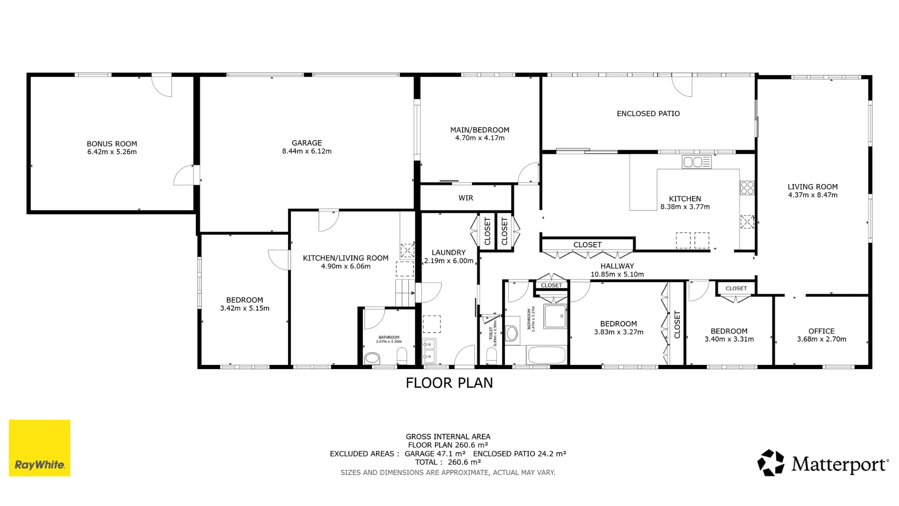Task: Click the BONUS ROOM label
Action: pyautogui.click(x=112, y=144)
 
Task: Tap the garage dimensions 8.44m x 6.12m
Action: pyautogui.click(x=307, y=151)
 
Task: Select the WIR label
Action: pyautogui.click(x=465, y=198)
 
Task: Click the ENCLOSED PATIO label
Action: pyautogui.click(x=648, y=114)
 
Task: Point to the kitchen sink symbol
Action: pyautogui.click(x=697, y=162)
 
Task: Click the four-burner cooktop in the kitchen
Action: pyautogui.click(x=747, y=188)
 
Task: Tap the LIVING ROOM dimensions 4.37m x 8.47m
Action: pyautogui.click(x=812, y=195)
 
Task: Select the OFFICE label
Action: pyautogui.click(x=821, y=331)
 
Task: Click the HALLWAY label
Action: pyautogui.click(x=617, y=266)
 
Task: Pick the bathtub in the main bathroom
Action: pyautogui.click(x=546, y=355)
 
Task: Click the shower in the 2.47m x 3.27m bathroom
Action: pyautogui.click(x=555, y=316)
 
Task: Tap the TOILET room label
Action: pyautogui.click(x=491, y=333)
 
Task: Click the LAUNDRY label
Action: pyautogui.click(x=448, y=253)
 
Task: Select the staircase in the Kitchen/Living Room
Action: pyautogui.click(x=405, y=293)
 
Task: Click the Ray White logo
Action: pyautogui.click(x=39, y=448)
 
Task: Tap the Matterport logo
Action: pyautogui.click(x=823, y=463)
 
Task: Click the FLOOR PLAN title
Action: pyautogui.click(x=449, y=383)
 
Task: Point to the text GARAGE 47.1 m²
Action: pyautogui.click(x=435, y=454)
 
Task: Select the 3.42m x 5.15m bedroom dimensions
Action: pyautogui.click(x=244, y=308)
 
